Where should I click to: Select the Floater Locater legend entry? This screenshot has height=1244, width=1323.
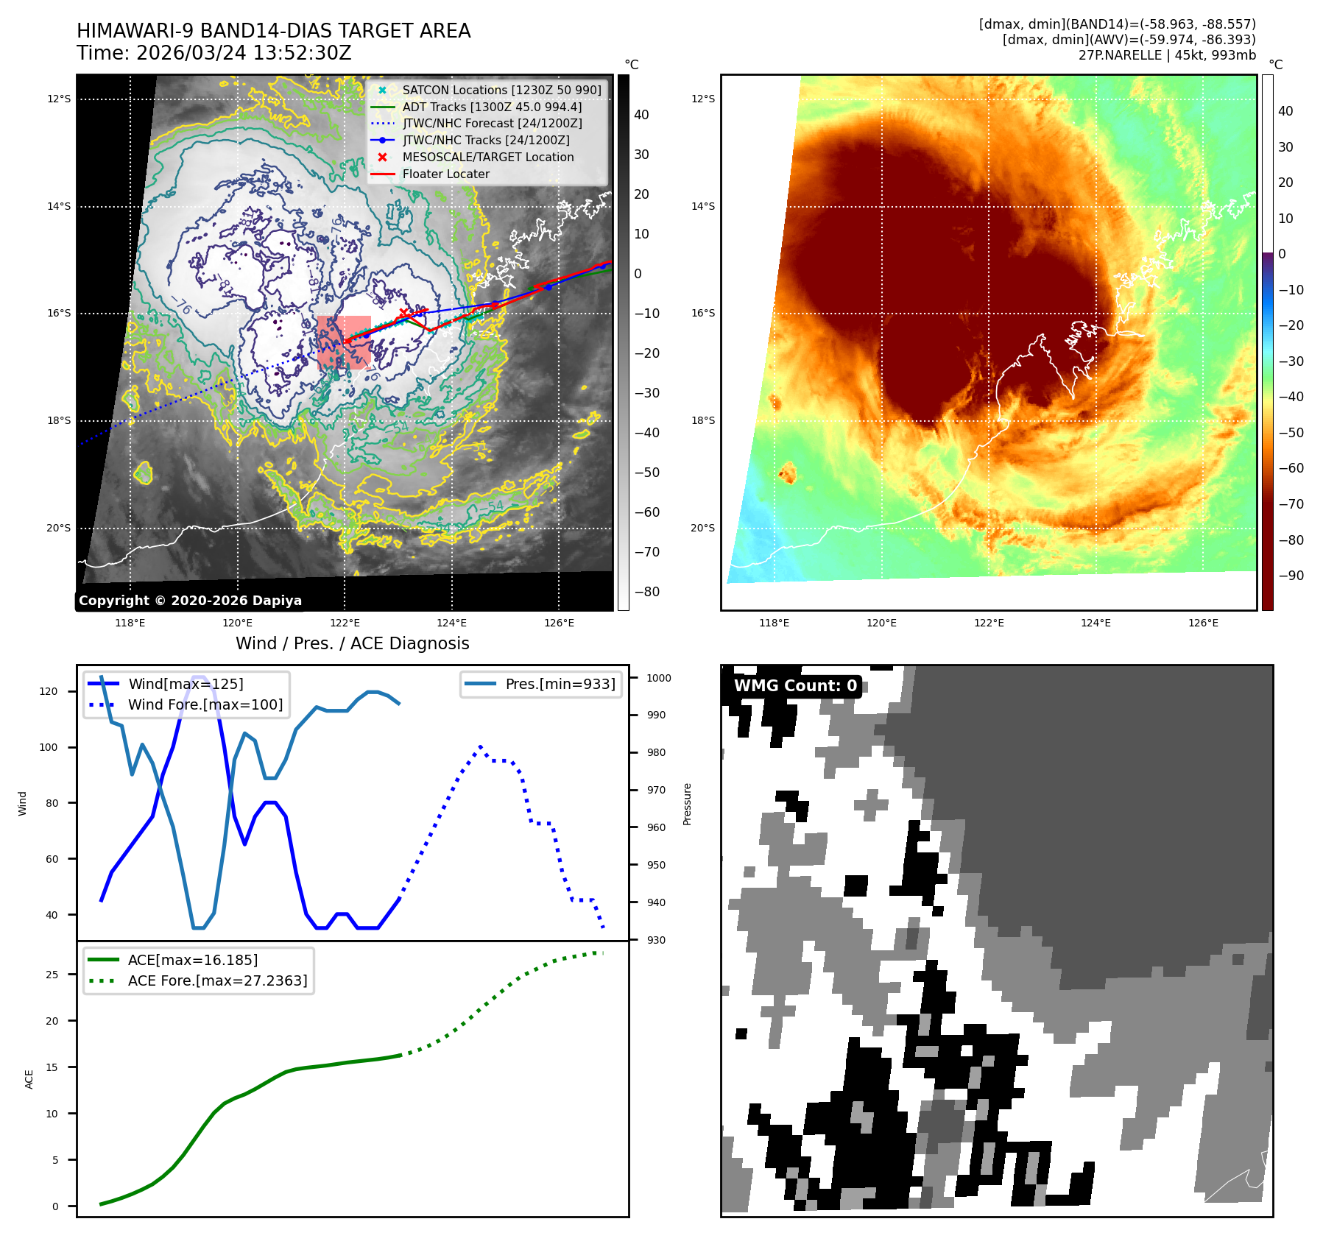pyautogui.click(x=445, y=174)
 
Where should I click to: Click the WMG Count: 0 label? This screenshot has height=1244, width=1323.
pyautogui.click(x=795, y=685)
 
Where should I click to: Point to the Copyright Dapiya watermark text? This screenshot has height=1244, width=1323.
pyautogui.click(x=190, y=600)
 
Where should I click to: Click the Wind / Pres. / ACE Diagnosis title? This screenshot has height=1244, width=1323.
pyautogui.click(x=352, y=643)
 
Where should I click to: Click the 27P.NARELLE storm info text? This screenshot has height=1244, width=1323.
pyautogui.click(x=1167, y=55)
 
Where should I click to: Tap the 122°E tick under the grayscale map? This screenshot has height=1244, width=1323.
pyautogui.click(x=345, y=623)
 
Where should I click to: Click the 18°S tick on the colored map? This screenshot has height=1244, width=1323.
pyautogui.click(x=702, y=420)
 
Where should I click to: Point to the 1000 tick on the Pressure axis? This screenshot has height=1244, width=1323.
pyautogui.click(x=659, y=678)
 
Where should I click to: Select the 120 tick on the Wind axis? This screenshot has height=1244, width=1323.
pyautogui.click(x=49, y=691)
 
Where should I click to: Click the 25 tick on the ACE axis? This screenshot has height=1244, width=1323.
pyautogui.click(x=52, y=975)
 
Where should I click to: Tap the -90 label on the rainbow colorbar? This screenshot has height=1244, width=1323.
pyautogui.click(x=1291, y=576)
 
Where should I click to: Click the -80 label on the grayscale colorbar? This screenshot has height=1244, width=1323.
pyautogui.click(x=647, y=592)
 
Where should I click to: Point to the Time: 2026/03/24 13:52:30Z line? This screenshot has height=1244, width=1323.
pyautogui.click(x=214, y=53)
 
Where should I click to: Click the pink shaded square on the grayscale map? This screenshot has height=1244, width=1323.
pyautogui.click(x=344, y=342)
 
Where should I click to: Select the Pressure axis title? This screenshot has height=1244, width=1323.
pyautogui.click(x=687, y=804)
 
